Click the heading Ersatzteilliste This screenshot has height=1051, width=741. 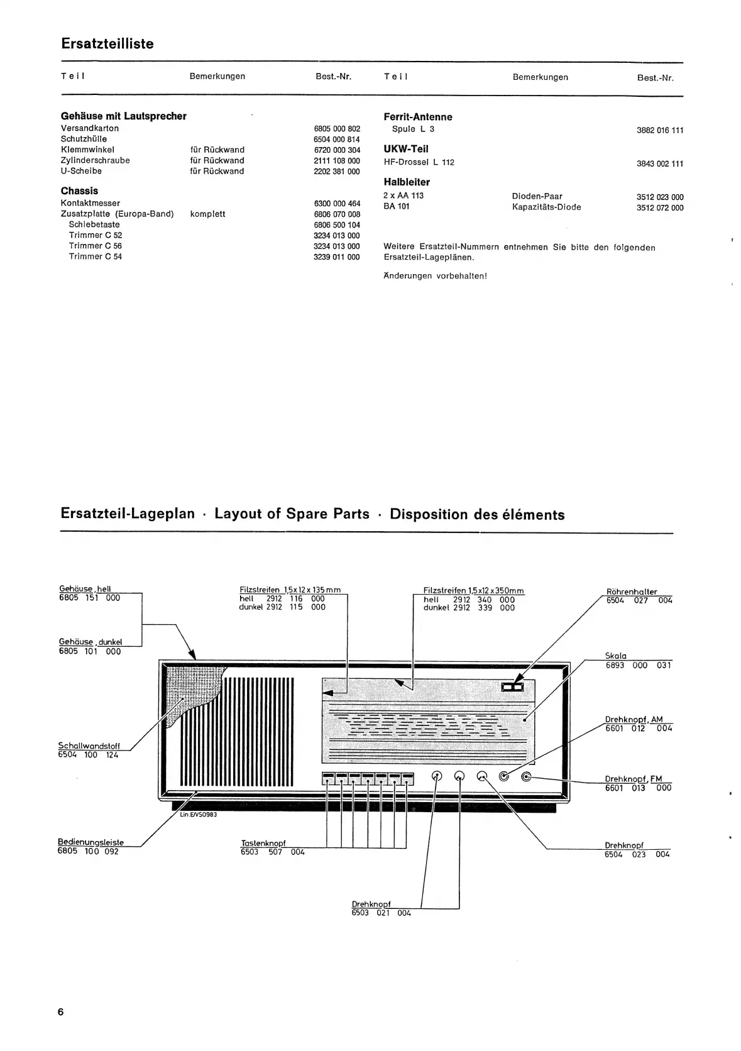tap(107, 44)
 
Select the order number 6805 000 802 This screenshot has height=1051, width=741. tap(336, 128)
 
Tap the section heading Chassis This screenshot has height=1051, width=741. tap(79, 190)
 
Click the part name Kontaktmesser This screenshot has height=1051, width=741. tap(90, 203)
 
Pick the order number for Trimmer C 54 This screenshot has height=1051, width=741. tap(336, 256)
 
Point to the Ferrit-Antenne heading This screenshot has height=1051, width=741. tap(417, 117)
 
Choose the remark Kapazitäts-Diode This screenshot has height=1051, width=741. tap(546, 207)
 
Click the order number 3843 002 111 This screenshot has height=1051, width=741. tap(659, 163)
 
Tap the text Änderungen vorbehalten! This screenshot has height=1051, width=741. tap(435, 275)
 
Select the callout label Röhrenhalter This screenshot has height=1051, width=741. tap(631, 592)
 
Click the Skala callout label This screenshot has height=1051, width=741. tap(615, 656)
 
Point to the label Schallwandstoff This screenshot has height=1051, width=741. tap(89, 746)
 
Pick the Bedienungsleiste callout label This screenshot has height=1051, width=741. tap(91, 842)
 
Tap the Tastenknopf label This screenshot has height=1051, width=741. tap(263, 844)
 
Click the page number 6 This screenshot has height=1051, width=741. tap(60, 1012)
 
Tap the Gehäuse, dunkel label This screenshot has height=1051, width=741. tap(91, 642)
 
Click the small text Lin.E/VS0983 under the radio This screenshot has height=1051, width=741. tap(198, 814)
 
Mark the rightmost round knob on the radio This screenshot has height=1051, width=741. tap(526, 776)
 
